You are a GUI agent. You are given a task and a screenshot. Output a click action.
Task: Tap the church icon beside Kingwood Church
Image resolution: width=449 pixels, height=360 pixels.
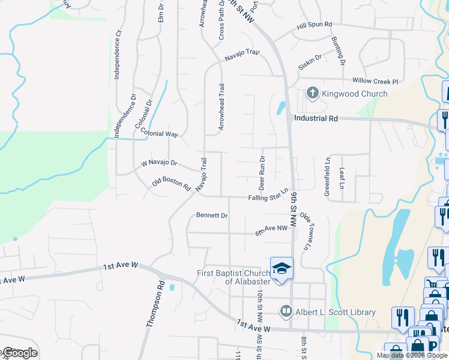[x=312, y=94]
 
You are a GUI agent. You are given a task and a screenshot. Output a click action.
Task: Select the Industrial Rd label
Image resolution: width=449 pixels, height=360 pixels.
[x=316, y=118]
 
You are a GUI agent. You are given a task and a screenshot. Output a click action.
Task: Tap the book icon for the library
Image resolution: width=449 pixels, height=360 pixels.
[x=286, y=311]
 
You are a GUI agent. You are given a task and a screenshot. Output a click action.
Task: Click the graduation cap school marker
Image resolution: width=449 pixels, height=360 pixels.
[x=280, y=268]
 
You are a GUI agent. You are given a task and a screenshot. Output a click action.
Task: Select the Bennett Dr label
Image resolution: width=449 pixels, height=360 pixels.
[x=212, y=215]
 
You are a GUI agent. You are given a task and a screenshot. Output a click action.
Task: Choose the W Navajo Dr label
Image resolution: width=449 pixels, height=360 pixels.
[x=159, y=163]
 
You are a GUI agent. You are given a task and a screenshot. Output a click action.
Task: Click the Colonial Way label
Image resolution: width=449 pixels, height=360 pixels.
[x=160, y=134]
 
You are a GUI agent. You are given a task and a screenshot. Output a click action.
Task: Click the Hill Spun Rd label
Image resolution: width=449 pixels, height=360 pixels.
[x=314, y=25]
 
